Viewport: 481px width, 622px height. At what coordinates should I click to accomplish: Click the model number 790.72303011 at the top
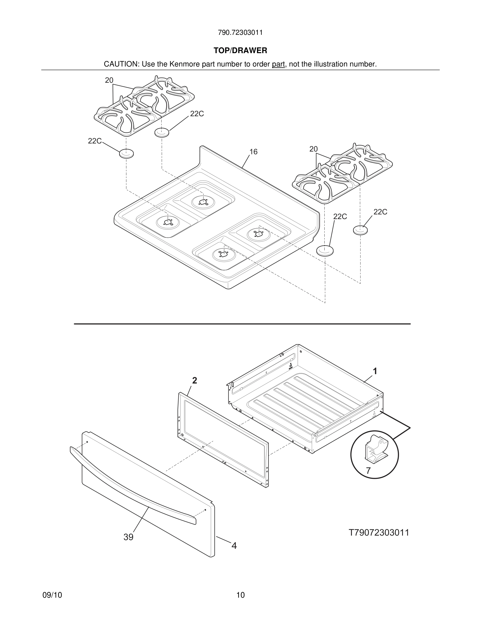tap(240, 32)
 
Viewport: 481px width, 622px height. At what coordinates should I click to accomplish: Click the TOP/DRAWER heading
tap(240, 51)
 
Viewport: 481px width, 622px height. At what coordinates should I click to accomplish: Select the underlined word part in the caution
tap(278, 64)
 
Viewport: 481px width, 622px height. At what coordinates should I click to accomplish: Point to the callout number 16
tap(253, 152)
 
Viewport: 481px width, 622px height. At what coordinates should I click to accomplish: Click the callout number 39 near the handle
tap(128, 537)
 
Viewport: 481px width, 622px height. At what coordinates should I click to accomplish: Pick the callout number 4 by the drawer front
tap(234, 546)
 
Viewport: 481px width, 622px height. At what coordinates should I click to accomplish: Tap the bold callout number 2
tap(194, 380)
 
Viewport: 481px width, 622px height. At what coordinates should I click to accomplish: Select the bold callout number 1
tap(375, 371)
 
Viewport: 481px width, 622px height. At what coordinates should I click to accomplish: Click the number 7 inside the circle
tap(368, 471)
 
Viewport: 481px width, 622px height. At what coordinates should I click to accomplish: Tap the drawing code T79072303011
tap(379, 532)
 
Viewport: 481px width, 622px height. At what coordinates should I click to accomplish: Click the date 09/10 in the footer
tap(52, 595)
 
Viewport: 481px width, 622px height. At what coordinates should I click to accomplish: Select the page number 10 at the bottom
tap(240, 595)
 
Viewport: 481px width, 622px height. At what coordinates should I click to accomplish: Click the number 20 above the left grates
tap(109, 80)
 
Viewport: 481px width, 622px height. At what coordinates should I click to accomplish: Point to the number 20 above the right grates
tap(313, 149)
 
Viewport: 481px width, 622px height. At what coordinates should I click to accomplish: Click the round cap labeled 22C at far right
tap(360, 230)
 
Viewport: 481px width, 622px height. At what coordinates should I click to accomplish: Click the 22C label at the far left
tap(95, 141)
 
